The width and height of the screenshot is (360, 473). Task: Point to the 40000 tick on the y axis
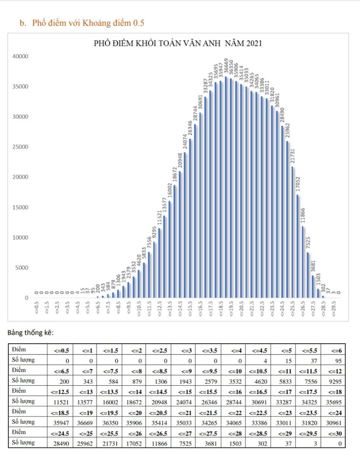21,56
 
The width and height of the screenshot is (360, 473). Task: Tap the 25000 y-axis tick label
21,147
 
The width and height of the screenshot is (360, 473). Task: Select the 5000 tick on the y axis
22,268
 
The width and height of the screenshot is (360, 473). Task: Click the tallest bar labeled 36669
225,185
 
